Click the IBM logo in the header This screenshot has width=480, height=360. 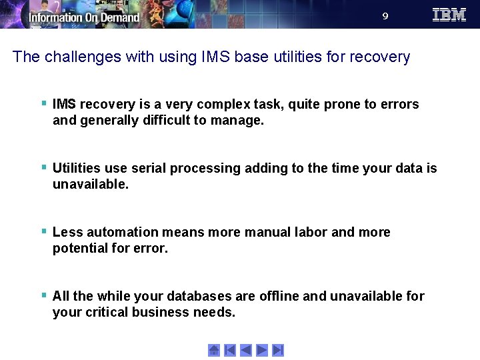(x=449, y=15)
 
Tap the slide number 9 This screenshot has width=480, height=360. (x=385, y=16)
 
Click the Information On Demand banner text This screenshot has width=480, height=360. (x=84, y=17)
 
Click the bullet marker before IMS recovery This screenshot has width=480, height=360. (x=43, y=103)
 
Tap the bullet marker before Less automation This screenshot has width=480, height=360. (x=43, y=231)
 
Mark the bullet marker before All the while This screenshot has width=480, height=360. (x=43, y=295)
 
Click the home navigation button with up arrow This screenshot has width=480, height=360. (x=214, y=350)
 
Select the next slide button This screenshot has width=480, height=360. (x=262, y=350)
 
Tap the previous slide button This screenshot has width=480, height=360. (x=246, y=350)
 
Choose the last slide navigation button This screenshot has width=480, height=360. (x=278, y=350)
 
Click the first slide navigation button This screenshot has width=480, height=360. (x=230, y=350)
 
